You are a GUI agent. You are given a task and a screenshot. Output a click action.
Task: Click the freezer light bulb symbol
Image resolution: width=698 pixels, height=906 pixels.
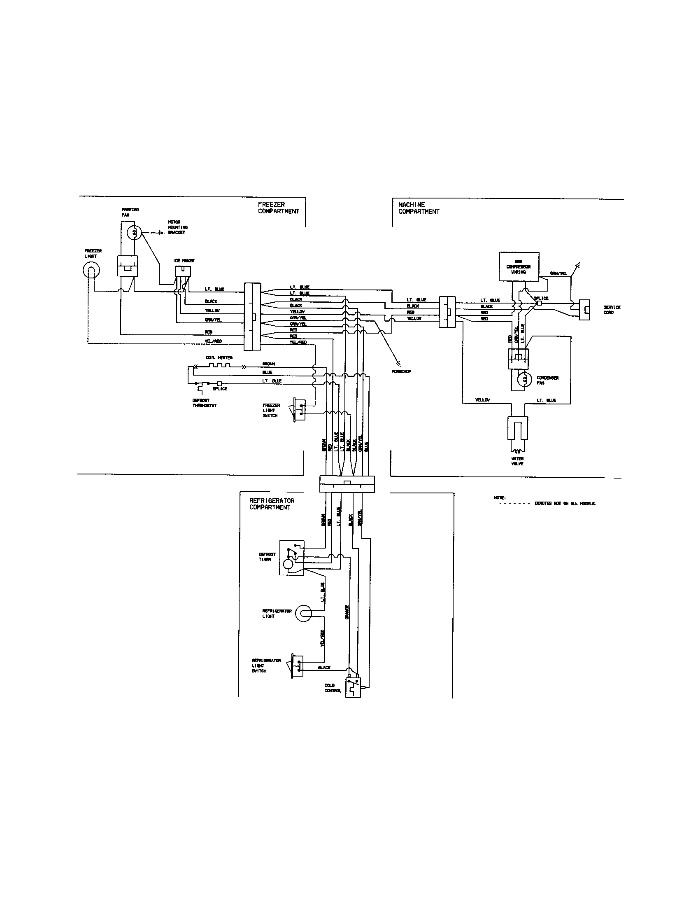coord(91,271)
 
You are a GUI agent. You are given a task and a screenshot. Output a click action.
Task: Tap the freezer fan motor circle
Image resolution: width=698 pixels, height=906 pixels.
coord(134,233)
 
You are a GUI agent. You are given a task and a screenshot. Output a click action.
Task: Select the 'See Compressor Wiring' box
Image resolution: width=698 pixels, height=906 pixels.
coord(519,267)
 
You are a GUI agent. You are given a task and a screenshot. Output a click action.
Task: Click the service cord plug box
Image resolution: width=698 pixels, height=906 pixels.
coord(584,310)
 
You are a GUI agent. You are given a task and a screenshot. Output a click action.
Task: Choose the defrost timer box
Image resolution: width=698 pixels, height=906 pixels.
coord(292,558)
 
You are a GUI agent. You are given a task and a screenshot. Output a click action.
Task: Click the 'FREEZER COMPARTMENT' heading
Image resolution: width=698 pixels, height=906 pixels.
coord(278,208)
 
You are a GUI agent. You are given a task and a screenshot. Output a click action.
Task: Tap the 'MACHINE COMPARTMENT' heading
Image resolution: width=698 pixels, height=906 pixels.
coord(419,208)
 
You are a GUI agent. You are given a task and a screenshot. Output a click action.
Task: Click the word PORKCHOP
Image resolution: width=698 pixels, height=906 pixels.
coord(401,371)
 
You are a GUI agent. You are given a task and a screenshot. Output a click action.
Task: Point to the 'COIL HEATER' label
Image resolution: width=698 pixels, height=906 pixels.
coord(219,357)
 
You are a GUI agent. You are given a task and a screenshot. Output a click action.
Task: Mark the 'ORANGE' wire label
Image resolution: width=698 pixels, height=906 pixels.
coord(347,612)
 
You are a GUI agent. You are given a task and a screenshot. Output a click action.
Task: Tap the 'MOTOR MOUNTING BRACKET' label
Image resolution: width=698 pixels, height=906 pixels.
coord(178,227)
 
